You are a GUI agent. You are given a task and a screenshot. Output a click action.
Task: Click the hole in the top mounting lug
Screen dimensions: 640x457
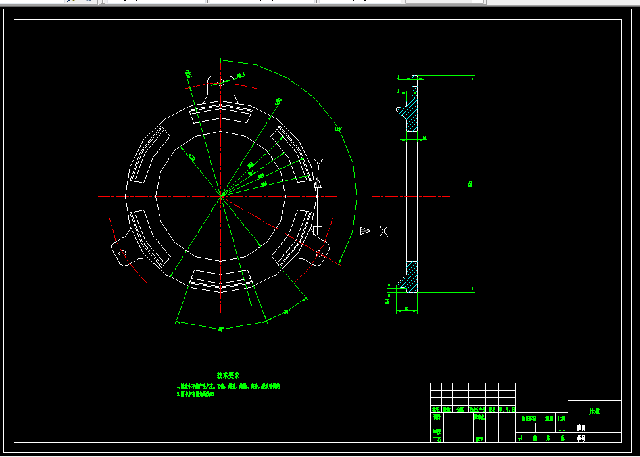(220, 82)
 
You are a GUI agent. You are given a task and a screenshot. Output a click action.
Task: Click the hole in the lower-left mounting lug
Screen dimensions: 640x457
(122, 253)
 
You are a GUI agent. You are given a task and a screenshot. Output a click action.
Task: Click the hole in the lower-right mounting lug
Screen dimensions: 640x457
(319, 253)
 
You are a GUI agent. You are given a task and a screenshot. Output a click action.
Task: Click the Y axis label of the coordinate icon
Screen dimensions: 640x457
(319, 164)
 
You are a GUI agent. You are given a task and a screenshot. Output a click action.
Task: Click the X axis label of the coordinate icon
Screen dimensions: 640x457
(383, 231)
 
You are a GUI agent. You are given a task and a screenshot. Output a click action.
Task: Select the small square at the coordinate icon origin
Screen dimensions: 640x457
(317, 231)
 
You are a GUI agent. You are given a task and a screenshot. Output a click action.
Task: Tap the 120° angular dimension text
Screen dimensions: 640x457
(338, 129)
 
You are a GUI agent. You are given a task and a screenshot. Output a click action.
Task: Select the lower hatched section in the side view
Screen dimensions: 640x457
(410, 276)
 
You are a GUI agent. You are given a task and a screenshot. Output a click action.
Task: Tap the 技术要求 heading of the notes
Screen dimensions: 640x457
(228, 374)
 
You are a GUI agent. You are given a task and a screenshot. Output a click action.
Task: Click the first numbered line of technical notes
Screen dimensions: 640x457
(228, 386)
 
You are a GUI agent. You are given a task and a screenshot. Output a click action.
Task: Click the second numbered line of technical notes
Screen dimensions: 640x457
(195, 394)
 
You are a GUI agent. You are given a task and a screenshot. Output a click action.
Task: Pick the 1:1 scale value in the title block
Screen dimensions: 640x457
(561, 427)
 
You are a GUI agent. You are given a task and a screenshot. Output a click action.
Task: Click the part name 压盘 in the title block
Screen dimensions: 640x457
(594, 411)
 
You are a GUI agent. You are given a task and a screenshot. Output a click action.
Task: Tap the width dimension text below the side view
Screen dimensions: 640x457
(406, 308)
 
